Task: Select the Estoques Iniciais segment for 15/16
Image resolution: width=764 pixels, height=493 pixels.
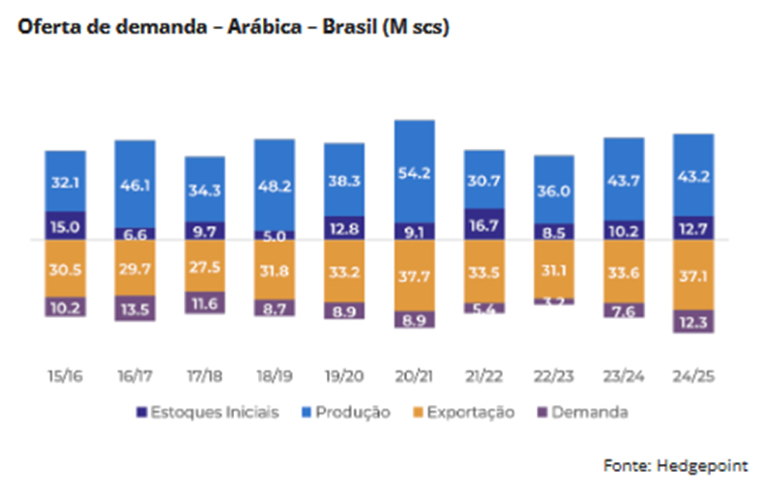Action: click(65, 225)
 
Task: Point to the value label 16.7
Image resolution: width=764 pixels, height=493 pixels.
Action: click(484, 224)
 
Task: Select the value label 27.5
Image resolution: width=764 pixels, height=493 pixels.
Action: click(205, 267)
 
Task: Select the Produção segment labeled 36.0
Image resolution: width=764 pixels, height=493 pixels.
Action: click(553, 190)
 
